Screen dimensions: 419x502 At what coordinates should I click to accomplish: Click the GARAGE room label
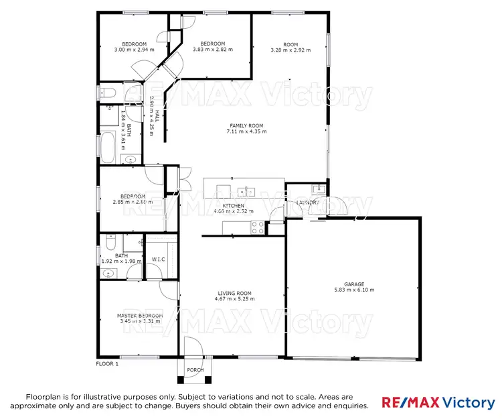(x=353, y=284)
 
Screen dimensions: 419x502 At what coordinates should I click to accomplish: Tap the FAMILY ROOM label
(x=246, y=125)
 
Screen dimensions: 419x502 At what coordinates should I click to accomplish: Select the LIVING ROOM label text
(x=234, y=293)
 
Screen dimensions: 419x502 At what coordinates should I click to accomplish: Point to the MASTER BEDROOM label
(x=140, y=316)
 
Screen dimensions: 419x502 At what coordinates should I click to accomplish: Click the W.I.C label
(x=159, y=259)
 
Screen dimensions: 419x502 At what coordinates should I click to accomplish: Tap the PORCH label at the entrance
(x=195, y=370)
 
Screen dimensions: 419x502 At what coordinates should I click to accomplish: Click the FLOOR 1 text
(x=107, y=364)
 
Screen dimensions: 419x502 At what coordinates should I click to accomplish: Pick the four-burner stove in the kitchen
(x=257, y=229)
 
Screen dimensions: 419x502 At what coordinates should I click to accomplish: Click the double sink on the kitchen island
(x=246, y=191)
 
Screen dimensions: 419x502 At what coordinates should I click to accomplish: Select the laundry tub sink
(x=319, y=188)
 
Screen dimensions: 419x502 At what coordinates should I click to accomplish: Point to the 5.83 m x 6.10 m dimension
(x=353, y=290)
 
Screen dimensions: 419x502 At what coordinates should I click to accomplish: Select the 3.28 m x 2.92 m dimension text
(x=290, y=50)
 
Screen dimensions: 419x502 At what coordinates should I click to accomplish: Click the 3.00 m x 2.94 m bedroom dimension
(x=134, y=50)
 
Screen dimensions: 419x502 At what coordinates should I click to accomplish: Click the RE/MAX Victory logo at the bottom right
(x=438, y=402)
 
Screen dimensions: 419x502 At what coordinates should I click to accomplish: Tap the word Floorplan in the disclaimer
(x=44, y=397)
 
